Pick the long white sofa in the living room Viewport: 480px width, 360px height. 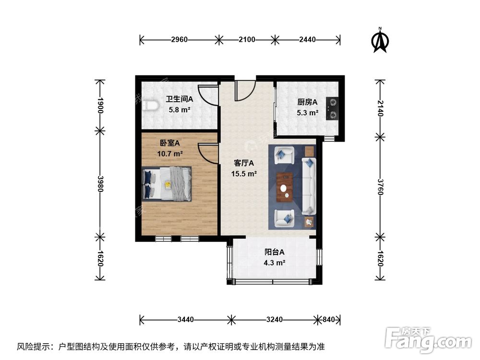tap(308, 186)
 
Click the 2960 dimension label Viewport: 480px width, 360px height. tap(179, 40)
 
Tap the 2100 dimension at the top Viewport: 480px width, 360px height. tap(246, 40)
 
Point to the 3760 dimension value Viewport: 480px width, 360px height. tap(380, 184)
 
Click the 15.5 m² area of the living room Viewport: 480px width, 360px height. tap(244, 174)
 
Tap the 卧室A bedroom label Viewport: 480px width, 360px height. tap(169, 143)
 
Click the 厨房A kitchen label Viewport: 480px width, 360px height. tap(307, 102)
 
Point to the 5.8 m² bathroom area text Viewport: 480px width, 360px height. tap(179, 110)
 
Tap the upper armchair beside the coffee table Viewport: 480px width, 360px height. tap(283, 155)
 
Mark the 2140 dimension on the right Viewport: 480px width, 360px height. tap(380, 109)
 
